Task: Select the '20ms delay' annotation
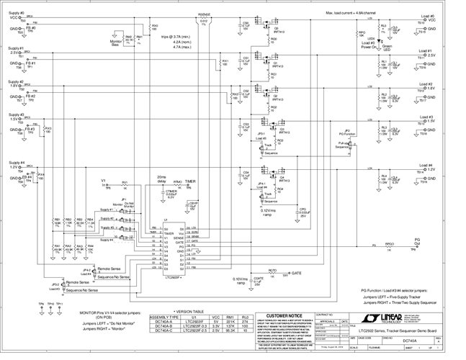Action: [161, 181]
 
